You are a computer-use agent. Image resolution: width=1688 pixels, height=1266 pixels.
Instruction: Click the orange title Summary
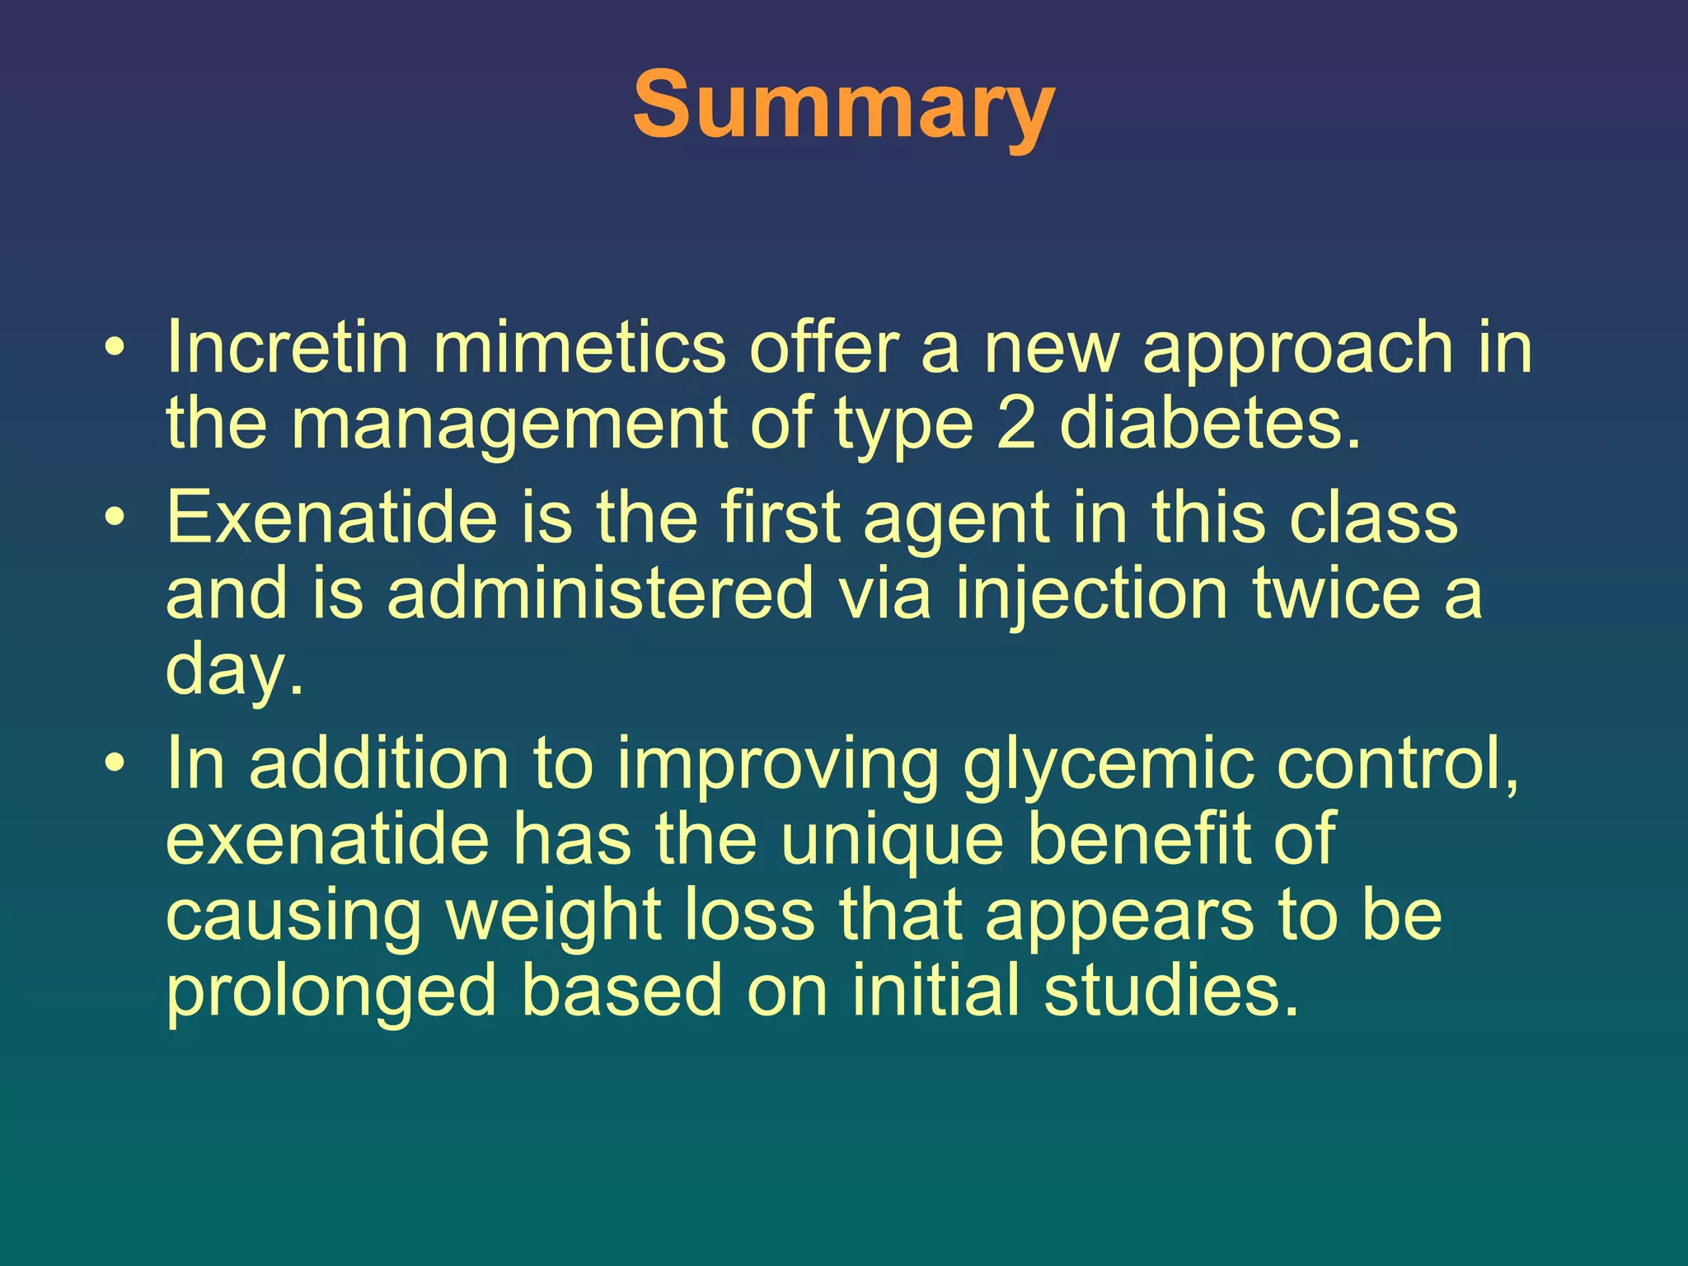coord(843,105)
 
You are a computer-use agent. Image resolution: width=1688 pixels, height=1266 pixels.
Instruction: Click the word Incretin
coord(288,348)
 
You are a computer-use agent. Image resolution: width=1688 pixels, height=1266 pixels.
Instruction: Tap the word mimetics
coord(579,348)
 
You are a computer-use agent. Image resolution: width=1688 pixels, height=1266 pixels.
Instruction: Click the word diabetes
coord(1209,424)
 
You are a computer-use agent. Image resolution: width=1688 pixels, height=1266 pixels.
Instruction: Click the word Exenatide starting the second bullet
coord(331,518)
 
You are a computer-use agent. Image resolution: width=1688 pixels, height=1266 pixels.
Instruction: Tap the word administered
coord(601,593)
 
